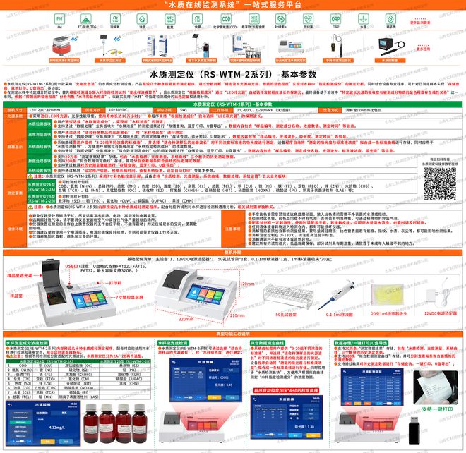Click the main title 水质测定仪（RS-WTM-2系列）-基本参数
[x=233, y=73]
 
